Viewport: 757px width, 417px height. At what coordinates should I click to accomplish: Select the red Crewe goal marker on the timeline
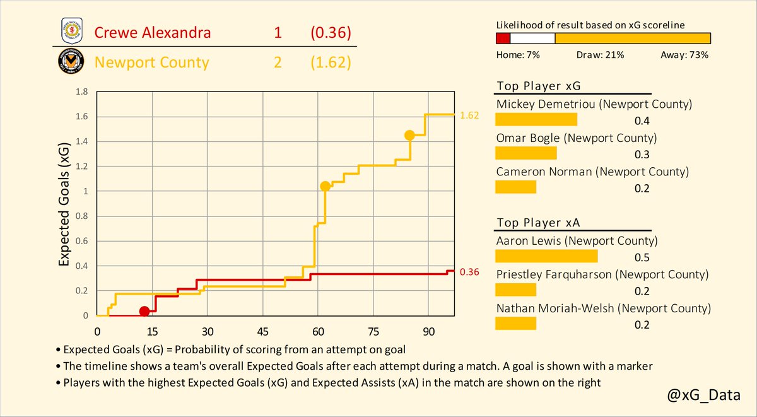(x=144, y=311)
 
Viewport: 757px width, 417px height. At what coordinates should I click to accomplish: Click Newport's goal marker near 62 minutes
(x=325, y=186)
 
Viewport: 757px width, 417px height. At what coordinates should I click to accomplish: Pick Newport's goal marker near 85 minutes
(x=409, y=135)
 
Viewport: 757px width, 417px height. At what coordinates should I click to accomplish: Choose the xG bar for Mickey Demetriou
(x=536, y=120)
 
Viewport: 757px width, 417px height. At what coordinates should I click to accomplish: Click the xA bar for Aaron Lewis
(x=546, y=256)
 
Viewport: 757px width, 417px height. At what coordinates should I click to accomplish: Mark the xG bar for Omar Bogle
(x=526, y=153)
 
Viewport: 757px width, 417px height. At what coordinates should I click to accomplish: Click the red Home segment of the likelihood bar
(x=503, y=38)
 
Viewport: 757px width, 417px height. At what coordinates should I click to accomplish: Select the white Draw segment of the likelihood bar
(x=532, y=38)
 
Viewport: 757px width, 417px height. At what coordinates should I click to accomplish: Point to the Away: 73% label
(x=684, y=55)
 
